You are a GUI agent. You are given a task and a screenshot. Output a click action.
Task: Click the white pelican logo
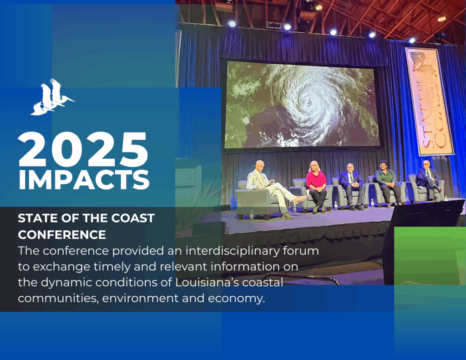click(52, 97)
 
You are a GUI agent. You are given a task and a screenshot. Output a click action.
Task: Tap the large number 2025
click(83, 150)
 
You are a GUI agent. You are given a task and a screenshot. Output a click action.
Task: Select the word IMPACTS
click(84, 180)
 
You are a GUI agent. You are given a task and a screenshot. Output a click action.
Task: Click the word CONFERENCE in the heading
click(62, 234)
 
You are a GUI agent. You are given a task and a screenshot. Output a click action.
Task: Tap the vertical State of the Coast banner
click(430, 101)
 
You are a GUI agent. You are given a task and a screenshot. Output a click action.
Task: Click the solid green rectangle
click(430, 256)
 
